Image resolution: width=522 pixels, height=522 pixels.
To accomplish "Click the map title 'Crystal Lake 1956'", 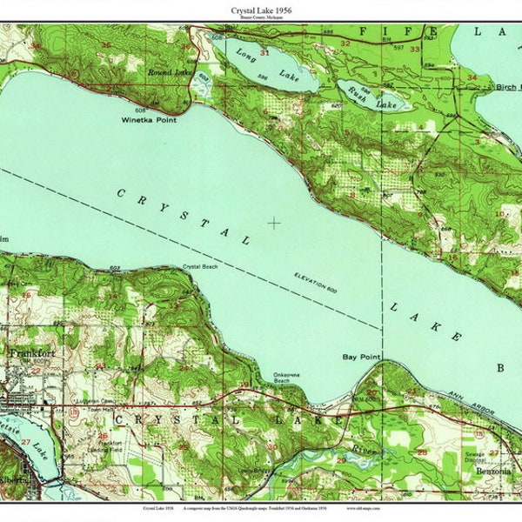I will pyautogui.click(x=260, y=10).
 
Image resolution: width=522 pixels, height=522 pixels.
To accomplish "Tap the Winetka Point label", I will pyautogui.click(x=149, y=120).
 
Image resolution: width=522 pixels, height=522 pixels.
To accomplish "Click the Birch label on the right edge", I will pyautogui.click(x=507, y=87).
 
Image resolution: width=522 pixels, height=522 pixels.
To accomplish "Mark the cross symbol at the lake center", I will pyautogui.click(x=274, y=223).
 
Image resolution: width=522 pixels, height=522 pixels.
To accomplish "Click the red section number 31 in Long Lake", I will pyautogui.click(x=264, y=52).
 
